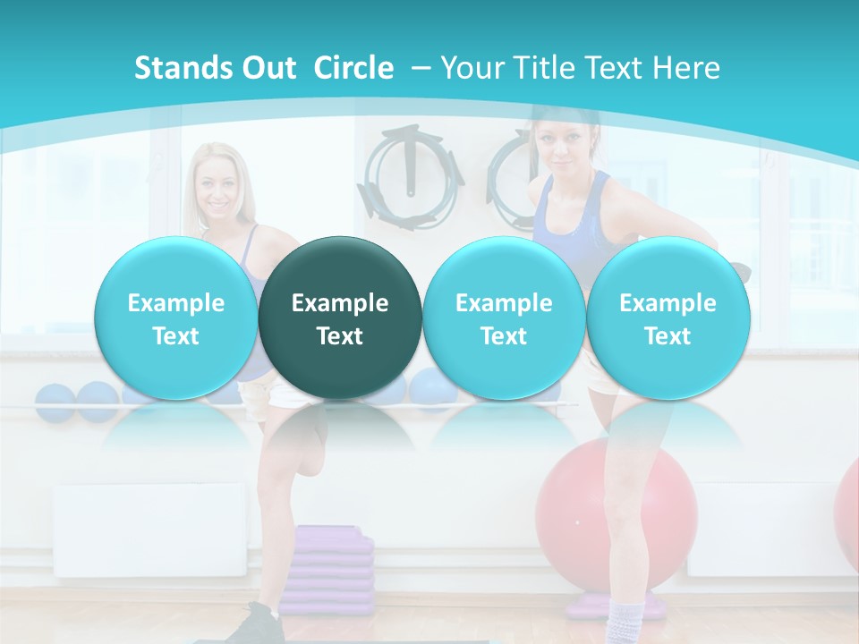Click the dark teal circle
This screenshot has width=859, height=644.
pos(340,318)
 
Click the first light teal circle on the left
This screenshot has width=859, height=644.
pos(176,318)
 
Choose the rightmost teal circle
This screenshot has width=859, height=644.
pos(668,318)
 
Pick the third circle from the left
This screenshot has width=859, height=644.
pos(504,318)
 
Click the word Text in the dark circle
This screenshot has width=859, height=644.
pos(340,336)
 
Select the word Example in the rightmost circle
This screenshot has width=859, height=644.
pos(668,303)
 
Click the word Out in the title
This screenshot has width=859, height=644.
pos(269,68)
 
